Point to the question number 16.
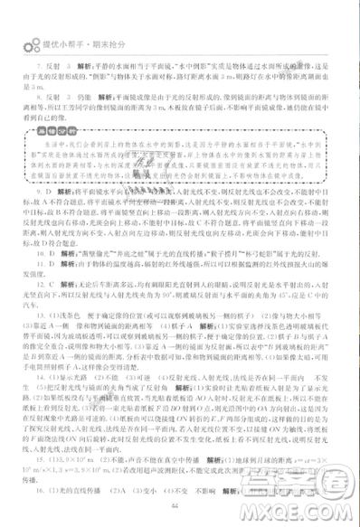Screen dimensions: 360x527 tap(35, 503)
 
